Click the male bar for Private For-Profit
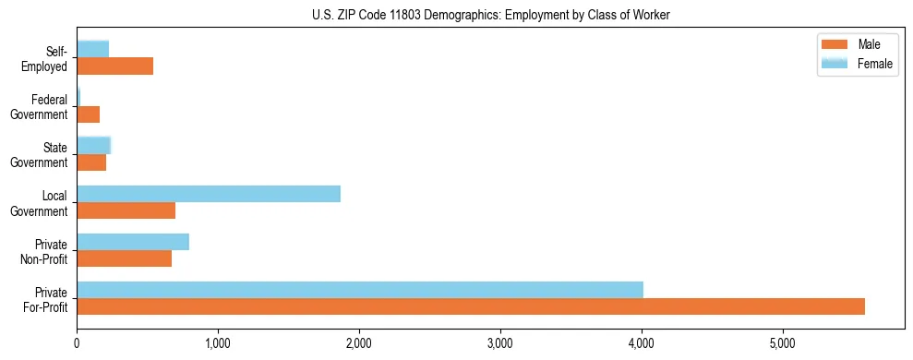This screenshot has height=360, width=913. [x=471, y=306]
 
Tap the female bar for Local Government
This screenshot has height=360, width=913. [x=209, y=193]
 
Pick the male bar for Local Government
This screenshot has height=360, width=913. [x=126, y=210]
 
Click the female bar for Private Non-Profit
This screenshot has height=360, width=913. [x=133, y=242]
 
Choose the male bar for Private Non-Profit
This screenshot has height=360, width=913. [x=125, y=258]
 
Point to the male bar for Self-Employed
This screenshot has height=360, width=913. [x=115, y=66]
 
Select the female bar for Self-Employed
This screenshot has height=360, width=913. [x=93, y=49]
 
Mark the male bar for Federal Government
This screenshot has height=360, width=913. [x=89, y=114]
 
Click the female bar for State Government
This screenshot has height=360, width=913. [x=94, y=145]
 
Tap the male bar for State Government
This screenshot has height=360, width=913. [x=91, y=162]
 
